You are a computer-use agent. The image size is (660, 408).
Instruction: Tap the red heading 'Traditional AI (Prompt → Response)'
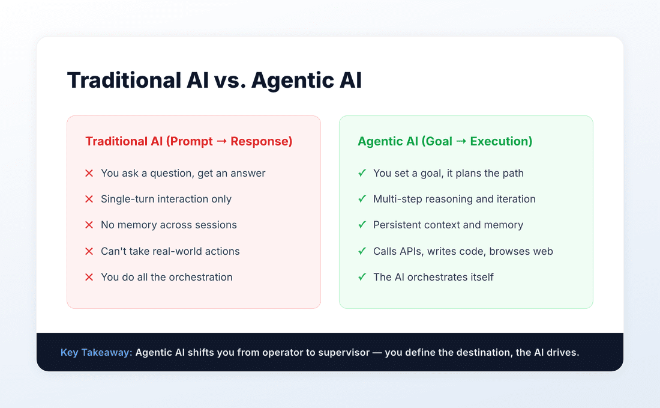(x=189, y=141)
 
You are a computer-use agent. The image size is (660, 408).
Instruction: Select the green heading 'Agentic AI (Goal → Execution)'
(x=445, y=141)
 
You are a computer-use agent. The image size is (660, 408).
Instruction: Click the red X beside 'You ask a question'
(x=89, y=173)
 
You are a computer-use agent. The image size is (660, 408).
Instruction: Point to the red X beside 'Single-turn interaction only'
(x=89, y=199)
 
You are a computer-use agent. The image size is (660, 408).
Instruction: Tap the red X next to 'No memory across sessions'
(x=89, y=225)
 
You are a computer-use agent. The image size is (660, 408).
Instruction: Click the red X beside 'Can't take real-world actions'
(x=89, y=251)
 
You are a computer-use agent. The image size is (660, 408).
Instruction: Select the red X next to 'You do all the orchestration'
(x=89, y=277)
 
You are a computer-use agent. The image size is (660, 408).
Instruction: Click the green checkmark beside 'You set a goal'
(x=362, y=173)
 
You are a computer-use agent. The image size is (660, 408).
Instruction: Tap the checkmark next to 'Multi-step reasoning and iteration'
(x=362, y=199)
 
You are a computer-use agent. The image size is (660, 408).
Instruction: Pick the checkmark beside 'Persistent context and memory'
(x=362, y=225)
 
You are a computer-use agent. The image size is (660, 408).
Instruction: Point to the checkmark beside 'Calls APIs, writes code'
(x=362, y=251)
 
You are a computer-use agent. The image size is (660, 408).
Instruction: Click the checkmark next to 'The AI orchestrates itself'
(x=362, y=277)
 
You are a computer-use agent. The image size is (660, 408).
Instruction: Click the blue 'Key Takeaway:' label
(x=96, y=352)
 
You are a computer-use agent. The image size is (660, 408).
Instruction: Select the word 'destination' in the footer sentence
(x=476, y=352)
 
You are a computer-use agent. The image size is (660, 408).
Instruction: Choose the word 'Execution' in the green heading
(x=501, y=141)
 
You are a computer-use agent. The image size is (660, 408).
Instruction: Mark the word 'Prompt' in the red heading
(x=190, y=141)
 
